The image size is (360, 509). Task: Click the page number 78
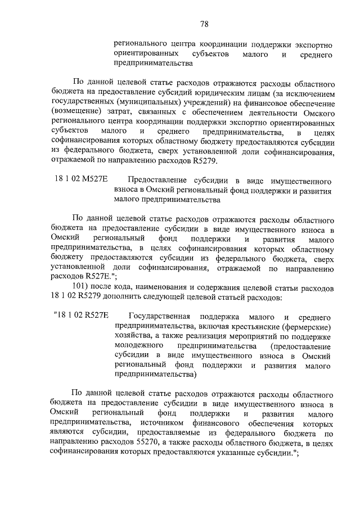204,23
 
